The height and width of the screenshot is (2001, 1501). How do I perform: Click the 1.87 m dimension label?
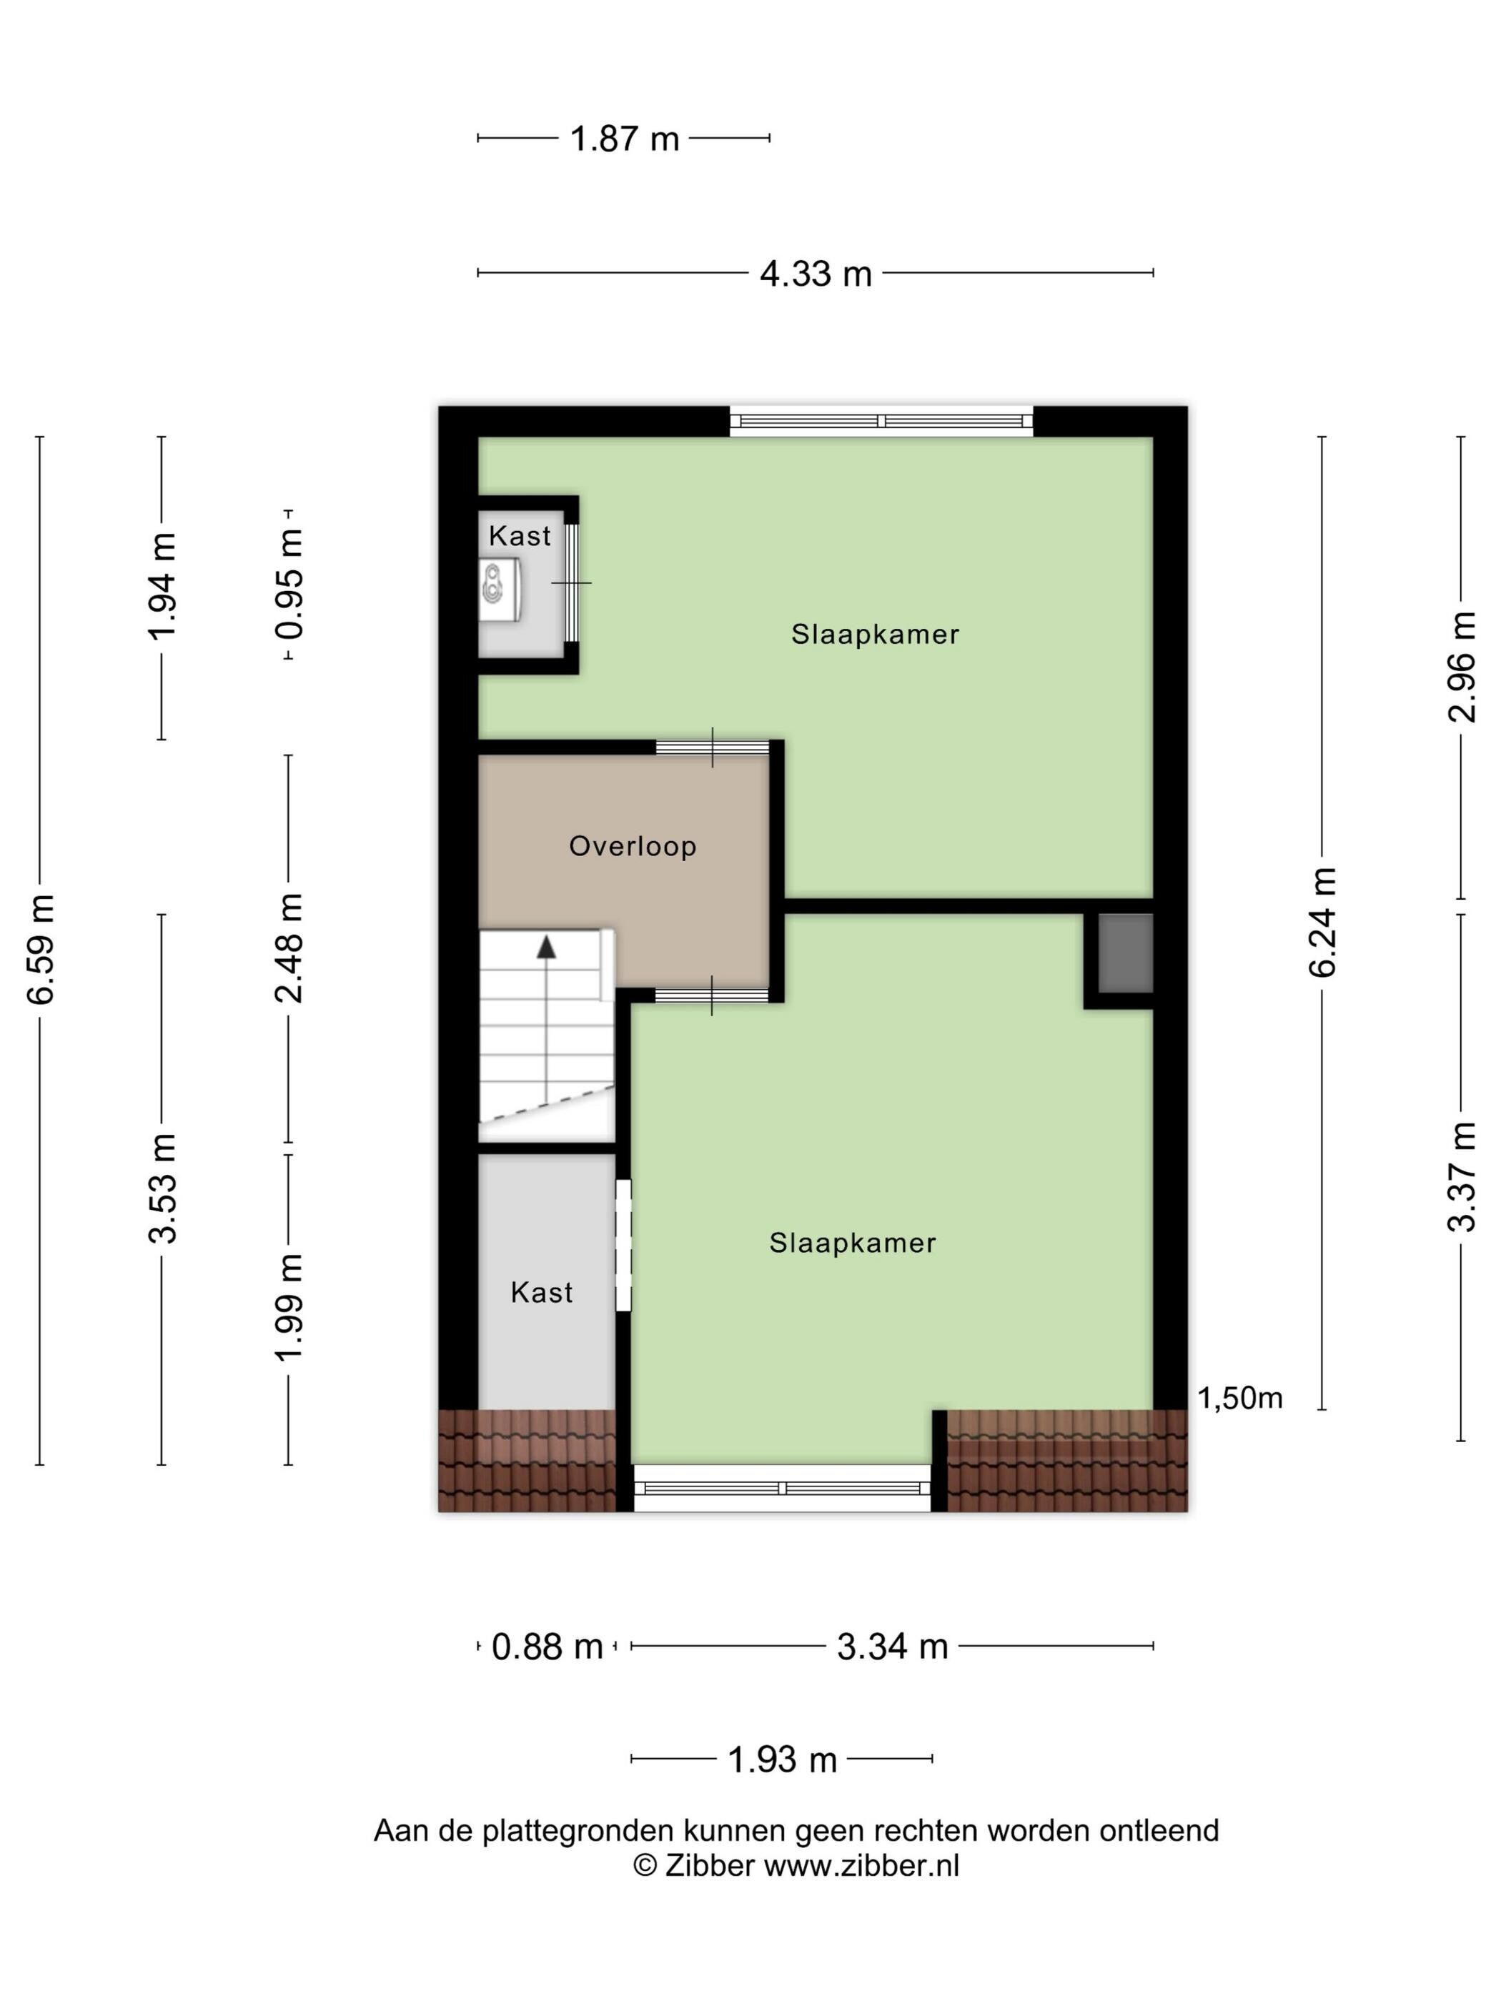coord(624,139)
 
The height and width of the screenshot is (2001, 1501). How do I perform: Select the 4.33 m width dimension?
coord(816,272)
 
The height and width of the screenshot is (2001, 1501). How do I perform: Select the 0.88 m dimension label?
coord(547,1647)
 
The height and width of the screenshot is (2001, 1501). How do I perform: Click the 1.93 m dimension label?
coord(782,1759)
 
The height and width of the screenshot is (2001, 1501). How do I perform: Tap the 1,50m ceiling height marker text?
coord(1239,1399)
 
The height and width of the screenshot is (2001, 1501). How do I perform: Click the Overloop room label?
coord(633,846)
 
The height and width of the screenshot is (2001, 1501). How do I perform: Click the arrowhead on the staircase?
coord(547,946)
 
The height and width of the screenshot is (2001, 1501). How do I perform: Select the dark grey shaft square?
coord(1126,953)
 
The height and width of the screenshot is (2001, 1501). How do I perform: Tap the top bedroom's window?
coord(881,422)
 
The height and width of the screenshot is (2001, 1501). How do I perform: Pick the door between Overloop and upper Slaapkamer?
coord(712,748)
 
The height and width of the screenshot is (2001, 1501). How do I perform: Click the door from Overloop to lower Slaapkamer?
coord(712,995)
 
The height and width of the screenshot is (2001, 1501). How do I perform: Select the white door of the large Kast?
coord(623,1245)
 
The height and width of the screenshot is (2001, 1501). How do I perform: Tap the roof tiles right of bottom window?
coord(1066,1460)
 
